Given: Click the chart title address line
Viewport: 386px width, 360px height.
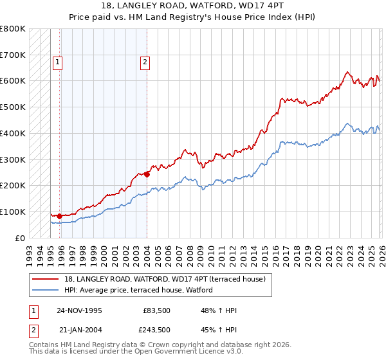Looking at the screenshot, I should pos(192,5).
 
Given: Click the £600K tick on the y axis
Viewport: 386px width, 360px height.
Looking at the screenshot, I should pos(13,81).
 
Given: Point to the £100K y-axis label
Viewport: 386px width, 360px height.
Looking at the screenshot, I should pos(13,212).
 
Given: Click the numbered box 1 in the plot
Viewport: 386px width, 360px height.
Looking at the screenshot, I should pos(57,62).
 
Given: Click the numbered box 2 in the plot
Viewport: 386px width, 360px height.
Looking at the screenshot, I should pos(145,62).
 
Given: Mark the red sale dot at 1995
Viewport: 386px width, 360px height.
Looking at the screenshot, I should pos(59,216).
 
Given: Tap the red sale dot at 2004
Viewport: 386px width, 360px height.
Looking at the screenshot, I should pos(147,174).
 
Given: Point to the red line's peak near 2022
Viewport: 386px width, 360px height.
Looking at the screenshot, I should pos(347,72).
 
